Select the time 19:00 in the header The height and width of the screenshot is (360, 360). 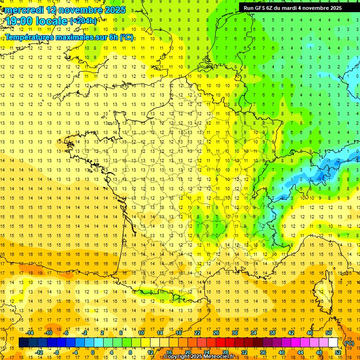point(22,22)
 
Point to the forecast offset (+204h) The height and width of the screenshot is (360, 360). point(83,21)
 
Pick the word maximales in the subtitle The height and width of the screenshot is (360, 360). point(76,37)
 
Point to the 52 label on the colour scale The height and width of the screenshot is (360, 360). point(338,352)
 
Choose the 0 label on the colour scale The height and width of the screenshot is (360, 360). point(92,352)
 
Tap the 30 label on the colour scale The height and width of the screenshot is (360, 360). point(234,333)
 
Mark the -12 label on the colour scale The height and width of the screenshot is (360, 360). point(39,352)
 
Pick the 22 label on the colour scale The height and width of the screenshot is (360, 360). point(197,333)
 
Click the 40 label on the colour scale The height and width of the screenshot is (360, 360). point(282,352)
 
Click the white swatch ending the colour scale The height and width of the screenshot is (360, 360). point(333,343)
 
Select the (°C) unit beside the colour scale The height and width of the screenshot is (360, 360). point(349,343)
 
